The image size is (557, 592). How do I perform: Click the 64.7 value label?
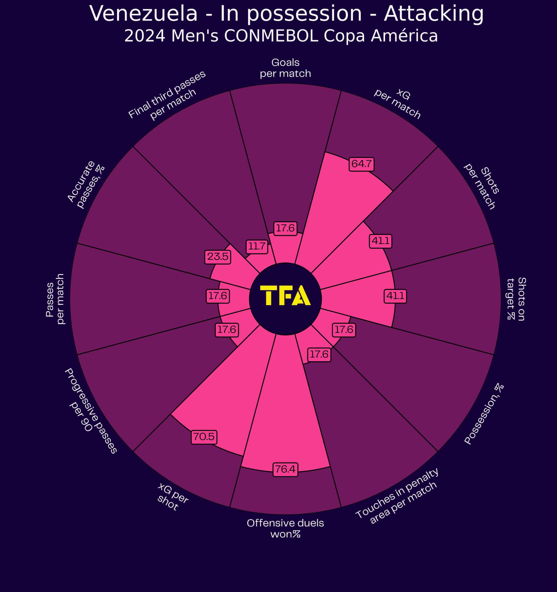361,164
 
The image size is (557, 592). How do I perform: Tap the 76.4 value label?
285,469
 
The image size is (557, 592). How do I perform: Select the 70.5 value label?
204,437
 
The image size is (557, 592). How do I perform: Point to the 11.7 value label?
257,246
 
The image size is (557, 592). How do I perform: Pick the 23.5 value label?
218,256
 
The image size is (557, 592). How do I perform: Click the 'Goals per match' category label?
285,68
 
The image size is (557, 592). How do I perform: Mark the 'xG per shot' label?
172,497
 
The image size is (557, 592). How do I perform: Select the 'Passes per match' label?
55,299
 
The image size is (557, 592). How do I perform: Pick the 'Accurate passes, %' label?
86,185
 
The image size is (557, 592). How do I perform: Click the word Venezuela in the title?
144,14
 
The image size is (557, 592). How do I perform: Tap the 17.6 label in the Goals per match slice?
285,228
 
